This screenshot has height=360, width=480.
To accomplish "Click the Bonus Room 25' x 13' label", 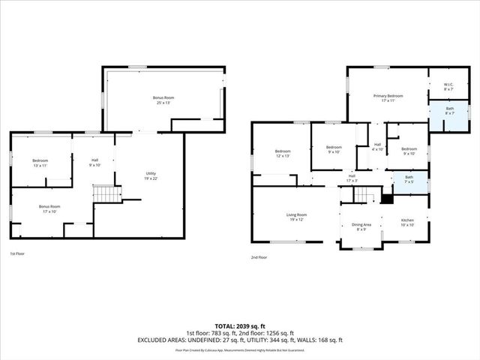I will point(163,100).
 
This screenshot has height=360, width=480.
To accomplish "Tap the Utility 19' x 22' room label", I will point(151,176).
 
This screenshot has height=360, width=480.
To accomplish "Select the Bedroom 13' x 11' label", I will point(40,163).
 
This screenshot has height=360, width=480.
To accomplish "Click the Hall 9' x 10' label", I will point(94,162).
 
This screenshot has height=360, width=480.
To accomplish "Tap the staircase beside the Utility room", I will point(106,194).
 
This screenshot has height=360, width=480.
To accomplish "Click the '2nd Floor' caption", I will point(259,257).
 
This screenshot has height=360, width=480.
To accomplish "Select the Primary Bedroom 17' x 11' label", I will point(388,98).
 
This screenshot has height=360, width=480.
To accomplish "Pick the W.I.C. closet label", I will point(448,87).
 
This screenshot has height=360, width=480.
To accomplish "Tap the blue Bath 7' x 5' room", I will point(409,181).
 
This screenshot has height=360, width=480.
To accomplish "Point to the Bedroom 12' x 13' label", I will point(282,154).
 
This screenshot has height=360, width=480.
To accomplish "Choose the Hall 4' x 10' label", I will point(377,147).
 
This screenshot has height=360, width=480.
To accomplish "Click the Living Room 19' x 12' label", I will point(296,217).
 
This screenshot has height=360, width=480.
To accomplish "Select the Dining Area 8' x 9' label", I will point(361,227).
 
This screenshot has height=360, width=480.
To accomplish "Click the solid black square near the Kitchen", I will point(387,199).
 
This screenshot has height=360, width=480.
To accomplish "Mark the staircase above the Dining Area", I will point(364,196).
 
